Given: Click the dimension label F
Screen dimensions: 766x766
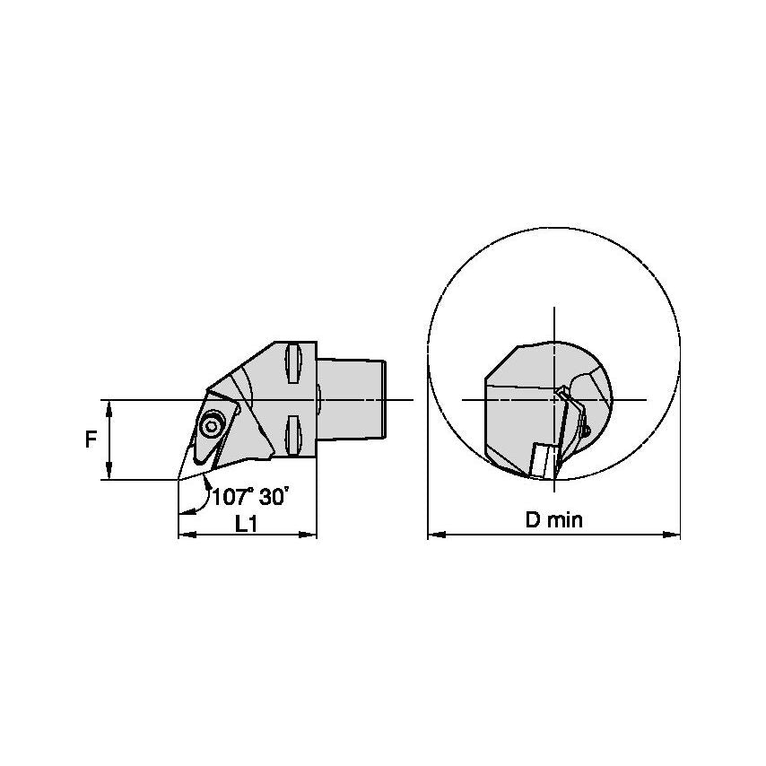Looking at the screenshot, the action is (x=91, y=440).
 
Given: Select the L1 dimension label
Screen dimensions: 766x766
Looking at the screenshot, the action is (x=246, y=524).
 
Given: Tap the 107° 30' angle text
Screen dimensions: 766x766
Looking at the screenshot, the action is (x=248, y=497).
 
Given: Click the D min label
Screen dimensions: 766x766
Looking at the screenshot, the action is (x=554, y=520).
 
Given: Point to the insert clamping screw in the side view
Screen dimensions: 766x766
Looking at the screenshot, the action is (x=212, y=426).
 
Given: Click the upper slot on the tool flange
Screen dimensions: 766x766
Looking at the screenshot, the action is (x=292, y=364).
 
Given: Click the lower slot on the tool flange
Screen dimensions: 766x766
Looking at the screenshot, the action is (x=292, y=435).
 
